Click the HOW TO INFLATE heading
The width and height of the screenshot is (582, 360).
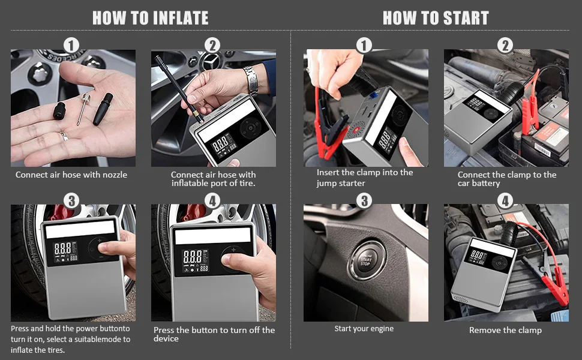151,18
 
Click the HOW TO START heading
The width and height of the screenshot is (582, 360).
436,18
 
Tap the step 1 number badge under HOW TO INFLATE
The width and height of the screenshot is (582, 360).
71,46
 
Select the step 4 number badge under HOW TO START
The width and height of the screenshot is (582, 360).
505,201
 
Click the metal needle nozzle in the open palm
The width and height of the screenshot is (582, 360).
83,109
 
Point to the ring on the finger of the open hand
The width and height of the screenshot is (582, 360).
64,136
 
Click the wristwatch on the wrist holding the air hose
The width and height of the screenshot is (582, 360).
251,80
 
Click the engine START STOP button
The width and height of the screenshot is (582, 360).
365,260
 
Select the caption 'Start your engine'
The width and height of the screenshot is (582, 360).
364,328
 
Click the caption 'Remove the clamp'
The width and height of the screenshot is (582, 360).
505,330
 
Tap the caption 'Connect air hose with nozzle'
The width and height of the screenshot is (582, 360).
71,175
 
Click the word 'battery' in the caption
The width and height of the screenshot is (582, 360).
486,184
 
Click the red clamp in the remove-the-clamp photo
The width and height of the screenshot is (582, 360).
555,289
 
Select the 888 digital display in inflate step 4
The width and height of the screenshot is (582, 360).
192,256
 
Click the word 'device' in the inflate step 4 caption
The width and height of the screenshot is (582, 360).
166,338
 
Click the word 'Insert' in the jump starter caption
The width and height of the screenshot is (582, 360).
328,172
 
